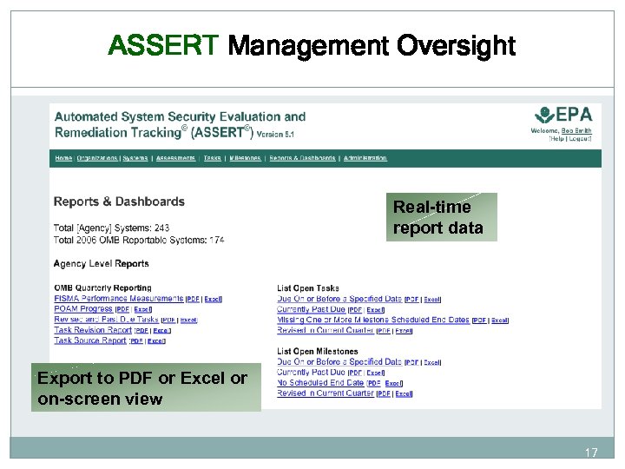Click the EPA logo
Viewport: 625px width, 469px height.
563,116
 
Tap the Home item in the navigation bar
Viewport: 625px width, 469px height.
63,158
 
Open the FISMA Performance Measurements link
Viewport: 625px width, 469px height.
118,299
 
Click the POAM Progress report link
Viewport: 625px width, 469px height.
83,309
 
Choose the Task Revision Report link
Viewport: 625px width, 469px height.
93,330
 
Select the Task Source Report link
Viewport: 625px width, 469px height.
90,340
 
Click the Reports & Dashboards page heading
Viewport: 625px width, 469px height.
119,201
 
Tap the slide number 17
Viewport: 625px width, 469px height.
591,452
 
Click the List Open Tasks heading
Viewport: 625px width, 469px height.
308,288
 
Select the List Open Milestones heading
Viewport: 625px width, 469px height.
317,351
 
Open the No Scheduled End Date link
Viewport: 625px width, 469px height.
320,382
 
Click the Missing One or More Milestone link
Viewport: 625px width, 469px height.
372,320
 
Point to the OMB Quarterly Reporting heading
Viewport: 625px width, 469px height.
102,288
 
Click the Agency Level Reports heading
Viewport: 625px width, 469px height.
101,263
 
